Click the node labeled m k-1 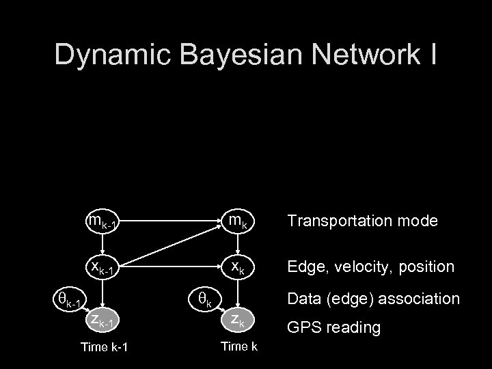[103, 222]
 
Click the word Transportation [339, 221]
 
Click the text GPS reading [333, 327]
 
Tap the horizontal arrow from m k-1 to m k [171, 221]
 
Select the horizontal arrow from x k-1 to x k [171, 267]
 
